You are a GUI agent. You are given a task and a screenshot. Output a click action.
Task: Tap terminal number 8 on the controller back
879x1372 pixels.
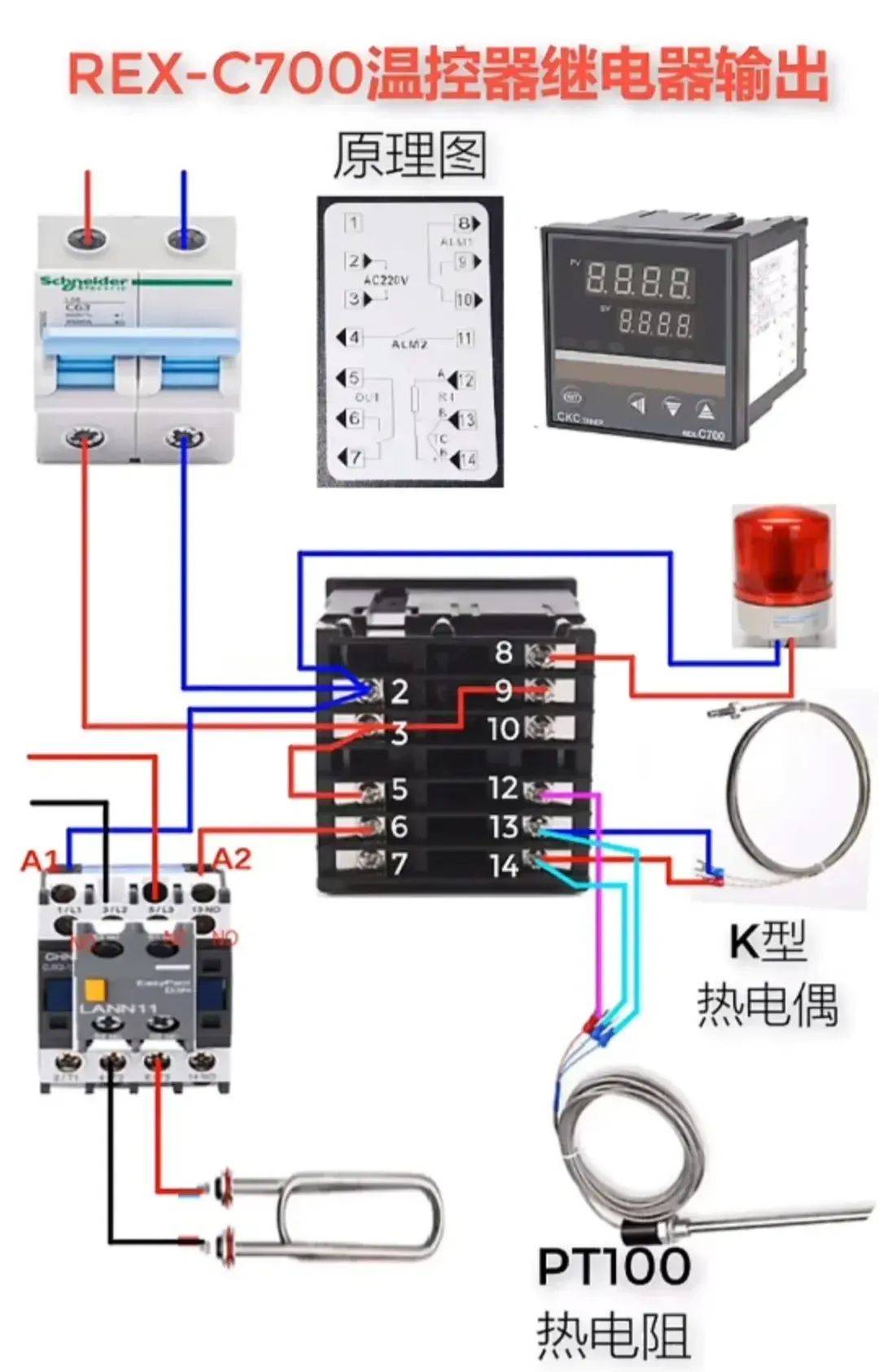point(504,652)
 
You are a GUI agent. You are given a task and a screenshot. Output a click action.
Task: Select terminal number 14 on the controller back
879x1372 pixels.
point(504,866)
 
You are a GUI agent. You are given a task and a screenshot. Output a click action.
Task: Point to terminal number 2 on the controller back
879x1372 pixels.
point(399,692)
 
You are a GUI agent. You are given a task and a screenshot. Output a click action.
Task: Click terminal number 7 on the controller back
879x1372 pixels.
point(399,864)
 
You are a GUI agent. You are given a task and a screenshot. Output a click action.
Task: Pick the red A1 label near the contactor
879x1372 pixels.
point(40,860)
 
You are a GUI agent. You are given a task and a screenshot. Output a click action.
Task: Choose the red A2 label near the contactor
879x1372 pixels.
point(232,859)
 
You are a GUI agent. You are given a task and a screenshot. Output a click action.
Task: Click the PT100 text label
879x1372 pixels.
point(614,1266)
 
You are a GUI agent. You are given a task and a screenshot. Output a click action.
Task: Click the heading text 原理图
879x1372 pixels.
point(409,155)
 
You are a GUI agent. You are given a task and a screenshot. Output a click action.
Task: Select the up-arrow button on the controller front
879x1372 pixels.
point(706,408)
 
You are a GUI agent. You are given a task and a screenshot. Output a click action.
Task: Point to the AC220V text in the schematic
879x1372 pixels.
point(386,280)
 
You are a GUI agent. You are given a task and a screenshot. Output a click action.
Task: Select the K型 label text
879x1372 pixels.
point(767,942)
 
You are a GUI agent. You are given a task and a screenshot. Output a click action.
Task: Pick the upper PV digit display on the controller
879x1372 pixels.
point(639,280)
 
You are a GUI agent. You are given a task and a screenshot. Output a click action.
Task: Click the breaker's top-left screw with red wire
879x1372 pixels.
point(89,239)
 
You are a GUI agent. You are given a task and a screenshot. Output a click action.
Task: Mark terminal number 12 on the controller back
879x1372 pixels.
point(503,788)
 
